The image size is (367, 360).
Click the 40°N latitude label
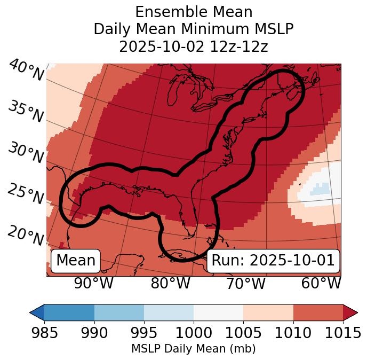coord(26,70)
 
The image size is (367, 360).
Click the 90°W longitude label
coord(93,283)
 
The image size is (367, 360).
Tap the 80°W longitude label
coord(170,283)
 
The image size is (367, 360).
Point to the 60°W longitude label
coord(321,283)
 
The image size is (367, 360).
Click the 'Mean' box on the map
coord(76,261)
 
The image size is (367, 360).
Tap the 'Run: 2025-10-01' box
coord(273,261)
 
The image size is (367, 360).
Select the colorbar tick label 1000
coord(194,333)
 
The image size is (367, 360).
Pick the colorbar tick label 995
coord(144,333)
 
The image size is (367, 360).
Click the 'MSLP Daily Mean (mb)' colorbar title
coord(193,349)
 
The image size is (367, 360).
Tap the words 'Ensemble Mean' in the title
coord(193,12)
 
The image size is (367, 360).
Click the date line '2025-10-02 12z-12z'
coord(193,46)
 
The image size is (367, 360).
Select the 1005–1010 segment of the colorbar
coord(268,312)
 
